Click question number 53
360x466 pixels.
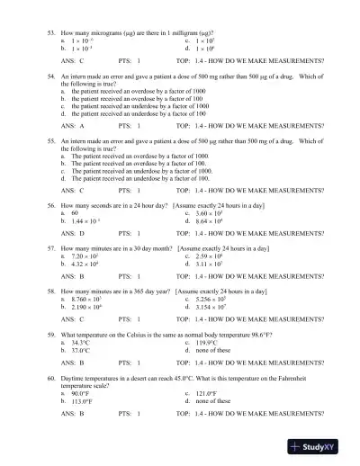[x=50, y=31]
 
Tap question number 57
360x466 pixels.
[x=50, y=245]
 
